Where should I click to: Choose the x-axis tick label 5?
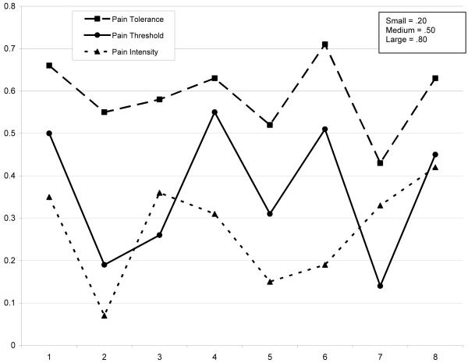tap(270, 356)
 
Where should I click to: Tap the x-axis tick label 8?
tap(435, 356)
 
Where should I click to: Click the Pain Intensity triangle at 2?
tap(105, 315)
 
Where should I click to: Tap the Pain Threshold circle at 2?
tap(105, 265)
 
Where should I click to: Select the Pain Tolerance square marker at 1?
tap(49, 66)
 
